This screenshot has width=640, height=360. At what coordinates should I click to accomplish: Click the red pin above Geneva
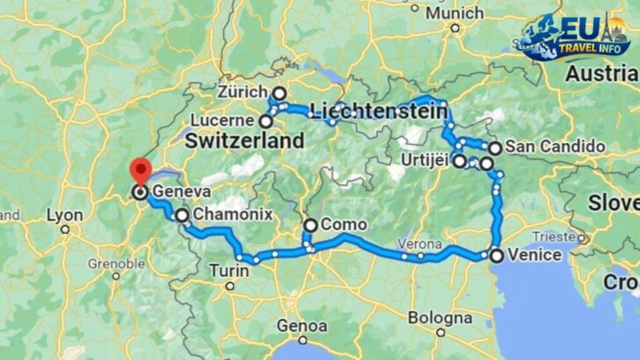[141, 169]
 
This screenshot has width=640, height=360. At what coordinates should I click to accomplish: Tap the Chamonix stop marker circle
[182, 216]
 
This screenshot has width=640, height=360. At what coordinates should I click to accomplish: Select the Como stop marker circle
[311, 226]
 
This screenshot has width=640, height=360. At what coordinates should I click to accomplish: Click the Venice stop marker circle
[496, 255]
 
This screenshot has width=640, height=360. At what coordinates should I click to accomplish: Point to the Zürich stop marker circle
[279, 93]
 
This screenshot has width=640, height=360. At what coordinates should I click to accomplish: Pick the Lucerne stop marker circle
[266, 121]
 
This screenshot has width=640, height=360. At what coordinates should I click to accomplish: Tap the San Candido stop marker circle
[494, 148]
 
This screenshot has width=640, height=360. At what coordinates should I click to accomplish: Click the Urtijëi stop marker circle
[459, 161]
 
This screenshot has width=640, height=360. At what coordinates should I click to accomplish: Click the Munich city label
[454, 13]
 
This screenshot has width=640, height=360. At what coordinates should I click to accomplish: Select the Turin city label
[229, 271]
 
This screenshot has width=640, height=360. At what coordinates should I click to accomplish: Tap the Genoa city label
[302, 326]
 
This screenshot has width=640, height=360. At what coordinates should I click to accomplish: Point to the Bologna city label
[441, 318]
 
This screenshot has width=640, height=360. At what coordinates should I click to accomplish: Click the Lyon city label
[64, 216]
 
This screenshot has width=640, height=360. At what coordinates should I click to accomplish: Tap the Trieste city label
[553, 236]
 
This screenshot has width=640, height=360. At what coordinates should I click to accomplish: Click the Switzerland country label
[244, 141]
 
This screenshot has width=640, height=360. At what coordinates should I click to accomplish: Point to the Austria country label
[601, 74]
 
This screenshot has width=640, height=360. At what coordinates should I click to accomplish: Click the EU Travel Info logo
[574, 37]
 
